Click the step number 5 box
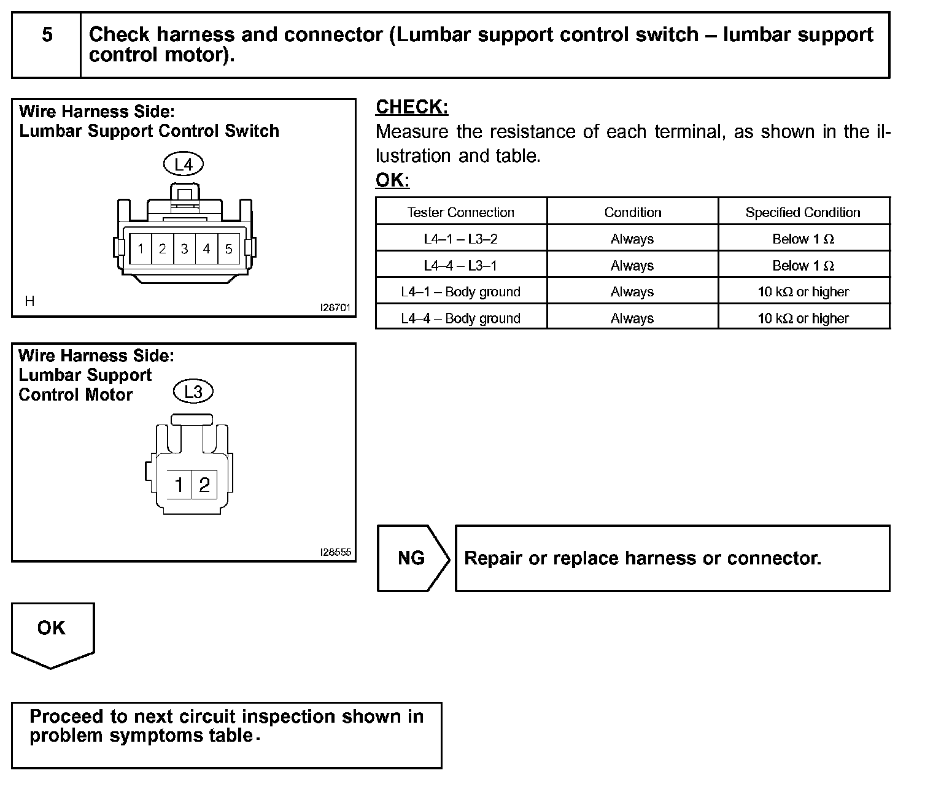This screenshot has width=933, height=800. coord(47,35)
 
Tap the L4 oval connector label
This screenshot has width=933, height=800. coord(184,164)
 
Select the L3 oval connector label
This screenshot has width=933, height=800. coord(193,391)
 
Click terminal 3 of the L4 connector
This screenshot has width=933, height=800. coord(184,249)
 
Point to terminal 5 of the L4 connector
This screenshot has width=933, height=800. coord(229,249)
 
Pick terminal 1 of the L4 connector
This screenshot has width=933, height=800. coord(141,249)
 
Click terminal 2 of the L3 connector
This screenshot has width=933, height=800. coord(204,485)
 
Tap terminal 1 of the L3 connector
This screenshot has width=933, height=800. coord(179,485)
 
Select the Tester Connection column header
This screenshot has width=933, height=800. coord(461,212)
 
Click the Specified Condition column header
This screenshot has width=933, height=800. coord(803,212)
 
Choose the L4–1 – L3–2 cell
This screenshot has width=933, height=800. coord(461,239)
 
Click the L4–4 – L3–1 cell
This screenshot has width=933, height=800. coord(461,266)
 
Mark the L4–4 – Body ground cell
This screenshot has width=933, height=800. coord(461,318)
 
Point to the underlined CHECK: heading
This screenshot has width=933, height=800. coord(412,107)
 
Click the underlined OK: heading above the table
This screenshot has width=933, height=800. coord(392,180)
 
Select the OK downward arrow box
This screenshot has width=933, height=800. coord(52,632)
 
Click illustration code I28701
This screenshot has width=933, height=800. coord(336,308)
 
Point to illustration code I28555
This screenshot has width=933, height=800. coord(336,552)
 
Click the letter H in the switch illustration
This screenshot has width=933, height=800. coord(29,301)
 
